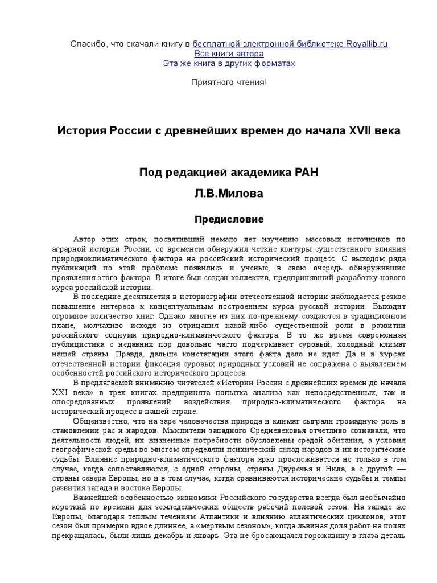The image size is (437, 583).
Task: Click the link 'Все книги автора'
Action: click(229, 54)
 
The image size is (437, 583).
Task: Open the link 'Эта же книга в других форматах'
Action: click(229, 63)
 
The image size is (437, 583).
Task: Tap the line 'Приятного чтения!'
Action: click(229, 83)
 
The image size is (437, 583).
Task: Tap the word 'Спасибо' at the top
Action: click(86, 44)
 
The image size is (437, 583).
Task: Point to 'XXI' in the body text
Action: click(60, 393)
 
